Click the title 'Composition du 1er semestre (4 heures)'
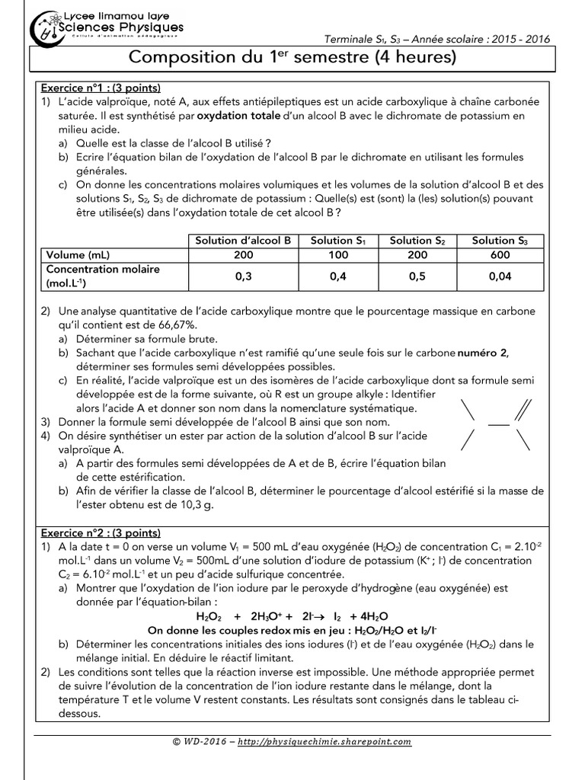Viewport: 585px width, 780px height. [292, 58]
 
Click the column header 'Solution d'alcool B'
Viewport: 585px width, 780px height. [243, 241]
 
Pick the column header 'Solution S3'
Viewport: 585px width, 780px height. [499, 241]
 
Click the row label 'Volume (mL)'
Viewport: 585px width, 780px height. [78, 255]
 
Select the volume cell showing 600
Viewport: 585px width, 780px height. [499, 255]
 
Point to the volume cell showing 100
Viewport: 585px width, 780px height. [338, 255]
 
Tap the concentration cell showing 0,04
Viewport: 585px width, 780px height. [499, 277]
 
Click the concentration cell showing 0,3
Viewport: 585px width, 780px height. [243, 277]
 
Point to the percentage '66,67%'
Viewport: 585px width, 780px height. [164, 324]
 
